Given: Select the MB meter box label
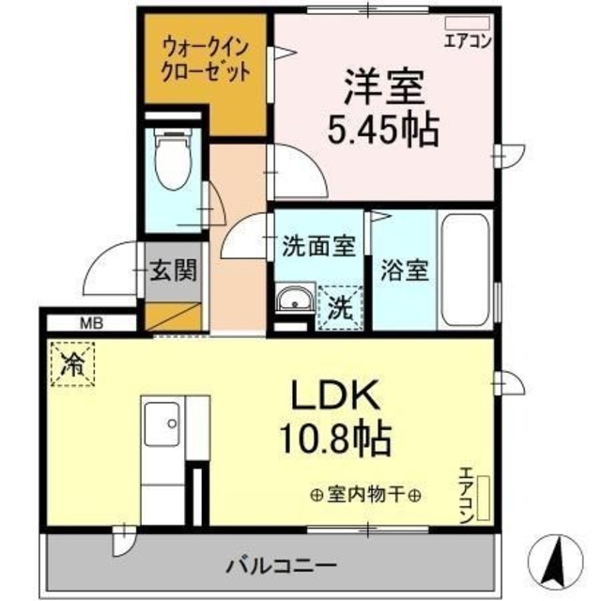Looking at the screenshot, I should [90, 324].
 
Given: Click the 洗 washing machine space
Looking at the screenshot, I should [340, 306].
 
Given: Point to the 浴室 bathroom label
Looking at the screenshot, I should [404, 270].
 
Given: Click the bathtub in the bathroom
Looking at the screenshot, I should [464, 272].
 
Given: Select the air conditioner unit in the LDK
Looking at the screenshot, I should [485, 498].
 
